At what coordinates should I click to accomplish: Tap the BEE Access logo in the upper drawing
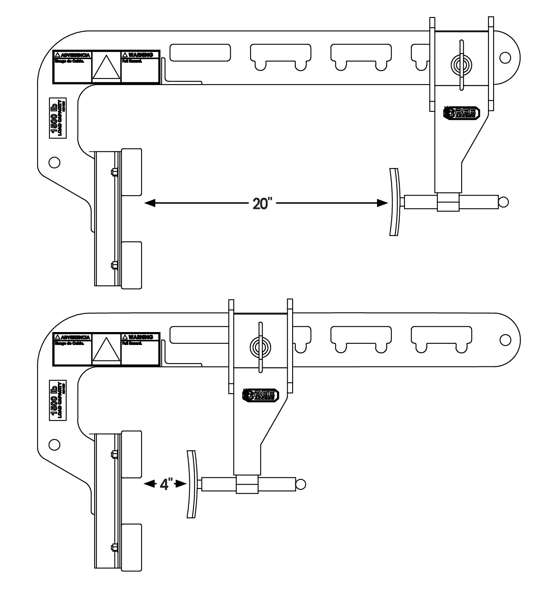pyautogui.click(x=462, y=113)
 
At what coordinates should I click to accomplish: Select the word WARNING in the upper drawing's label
pyautogui.click(x=140, y=55)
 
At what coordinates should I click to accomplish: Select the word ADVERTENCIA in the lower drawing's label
pyautogui.click(x=73, y=337)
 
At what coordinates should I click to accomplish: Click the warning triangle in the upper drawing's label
pyautogui.click(x=106, y=67)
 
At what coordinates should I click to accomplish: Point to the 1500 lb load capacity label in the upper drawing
pyautogui.click(x=57, y=118)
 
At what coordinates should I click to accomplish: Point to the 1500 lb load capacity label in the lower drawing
pyautogui.click(x=57, y=400)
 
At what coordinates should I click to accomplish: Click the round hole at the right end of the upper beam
pyautogui.click(x=505, y=57)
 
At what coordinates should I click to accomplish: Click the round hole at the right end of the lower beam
pyautogui.click(x=505, y=339)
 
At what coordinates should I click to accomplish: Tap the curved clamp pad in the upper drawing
pyautogui.click(x=394, y=202)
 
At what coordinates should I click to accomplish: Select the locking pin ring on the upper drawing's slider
pyautogui.click(x=460, y=64)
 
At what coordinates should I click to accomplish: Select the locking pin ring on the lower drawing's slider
pyautogui.click(x=259, y=346)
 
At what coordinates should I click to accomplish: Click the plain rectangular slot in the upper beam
pyautogui.click(x=200, y=52)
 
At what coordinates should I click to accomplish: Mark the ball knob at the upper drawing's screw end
pyautogui.click(x=503, y=201)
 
